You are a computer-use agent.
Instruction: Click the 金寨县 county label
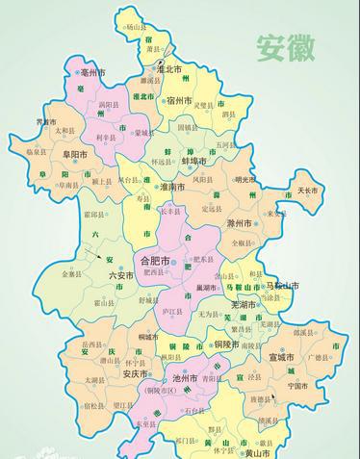(71, 274)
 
